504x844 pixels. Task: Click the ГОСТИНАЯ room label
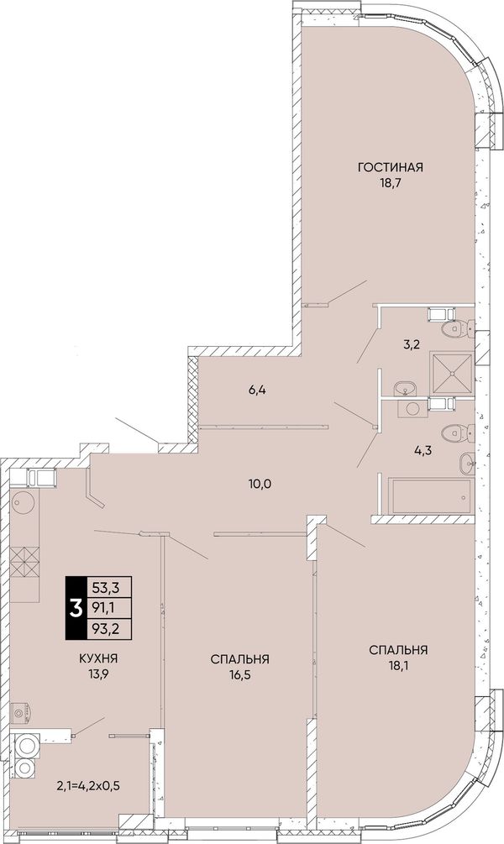[x=391, y=167]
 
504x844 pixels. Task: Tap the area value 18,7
[x=391, y=182]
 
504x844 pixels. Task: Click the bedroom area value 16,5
[x=240, y=674]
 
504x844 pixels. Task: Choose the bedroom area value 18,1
[x=399, y=665]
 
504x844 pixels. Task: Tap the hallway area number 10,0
[x=259, y=484]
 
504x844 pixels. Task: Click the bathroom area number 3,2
[x=411, y=345]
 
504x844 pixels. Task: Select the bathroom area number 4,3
[x=423, y=451]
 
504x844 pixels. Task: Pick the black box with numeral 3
[x=76, y=609]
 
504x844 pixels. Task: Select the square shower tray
[x=451, y=373]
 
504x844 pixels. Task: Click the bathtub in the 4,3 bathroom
[x=431, y=495]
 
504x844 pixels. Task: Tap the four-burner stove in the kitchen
[x=25, y=562]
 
